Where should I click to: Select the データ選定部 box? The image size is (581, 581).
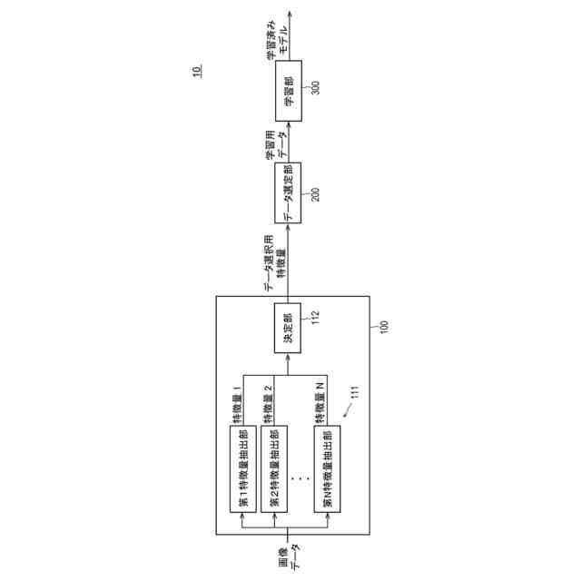[x=289, y=193]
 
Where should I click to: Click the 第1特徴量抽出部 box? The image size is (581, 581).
[x=241, y=468]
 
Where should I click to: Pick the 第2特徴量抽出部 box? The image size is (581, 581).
[x=273, y=468]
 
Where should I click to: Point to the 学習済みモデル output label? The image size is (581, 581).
[x=276, y=40]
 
